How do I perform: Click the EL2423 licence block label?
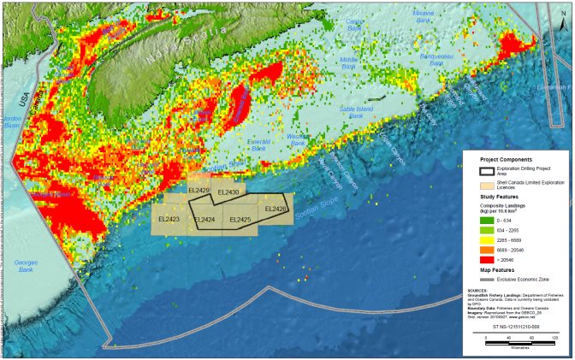[x=169, y=220]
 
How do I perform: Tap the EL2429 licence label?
[x=198, y=190]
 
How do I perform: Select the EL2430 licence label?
[x=228, y=192]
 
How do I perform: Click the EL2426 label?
[x=276, y=209]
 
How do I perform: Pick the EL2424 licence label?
[x=204, y=220]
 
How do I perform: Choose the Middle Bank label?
[x=348, y=64]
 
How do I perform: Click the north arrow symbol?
[x=560, y=11]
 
